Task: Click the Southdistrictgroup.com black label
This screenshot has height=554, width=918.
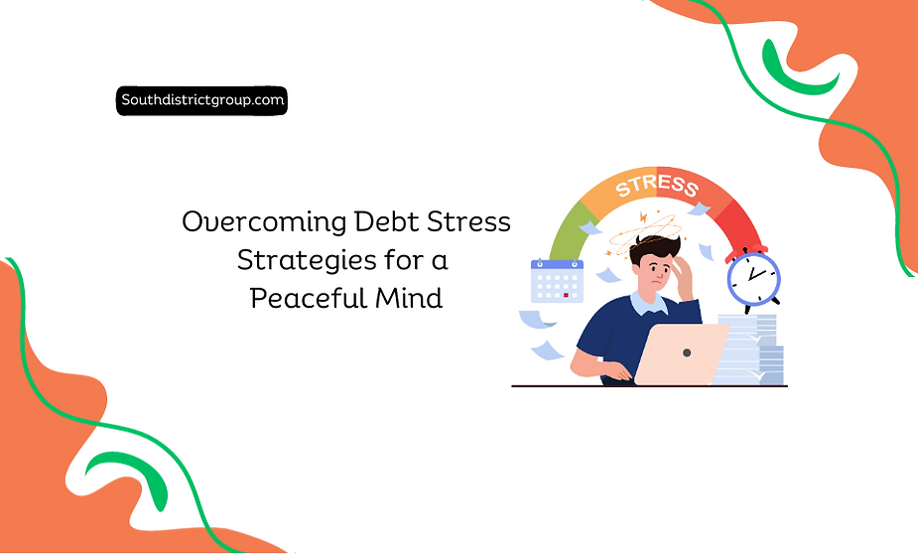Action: (201, 99)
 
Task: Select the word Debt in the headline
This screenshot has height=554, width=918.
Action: (388, 221)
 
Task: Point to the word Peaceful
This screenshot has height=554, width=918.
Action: (303, 298)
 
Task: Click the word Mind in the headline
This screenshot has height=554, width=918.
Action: (406, 298)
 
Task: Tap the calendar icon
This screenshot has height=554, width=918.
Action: (556, 280)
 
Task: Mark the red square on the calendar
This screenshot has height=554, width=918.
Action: (566, 295)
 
